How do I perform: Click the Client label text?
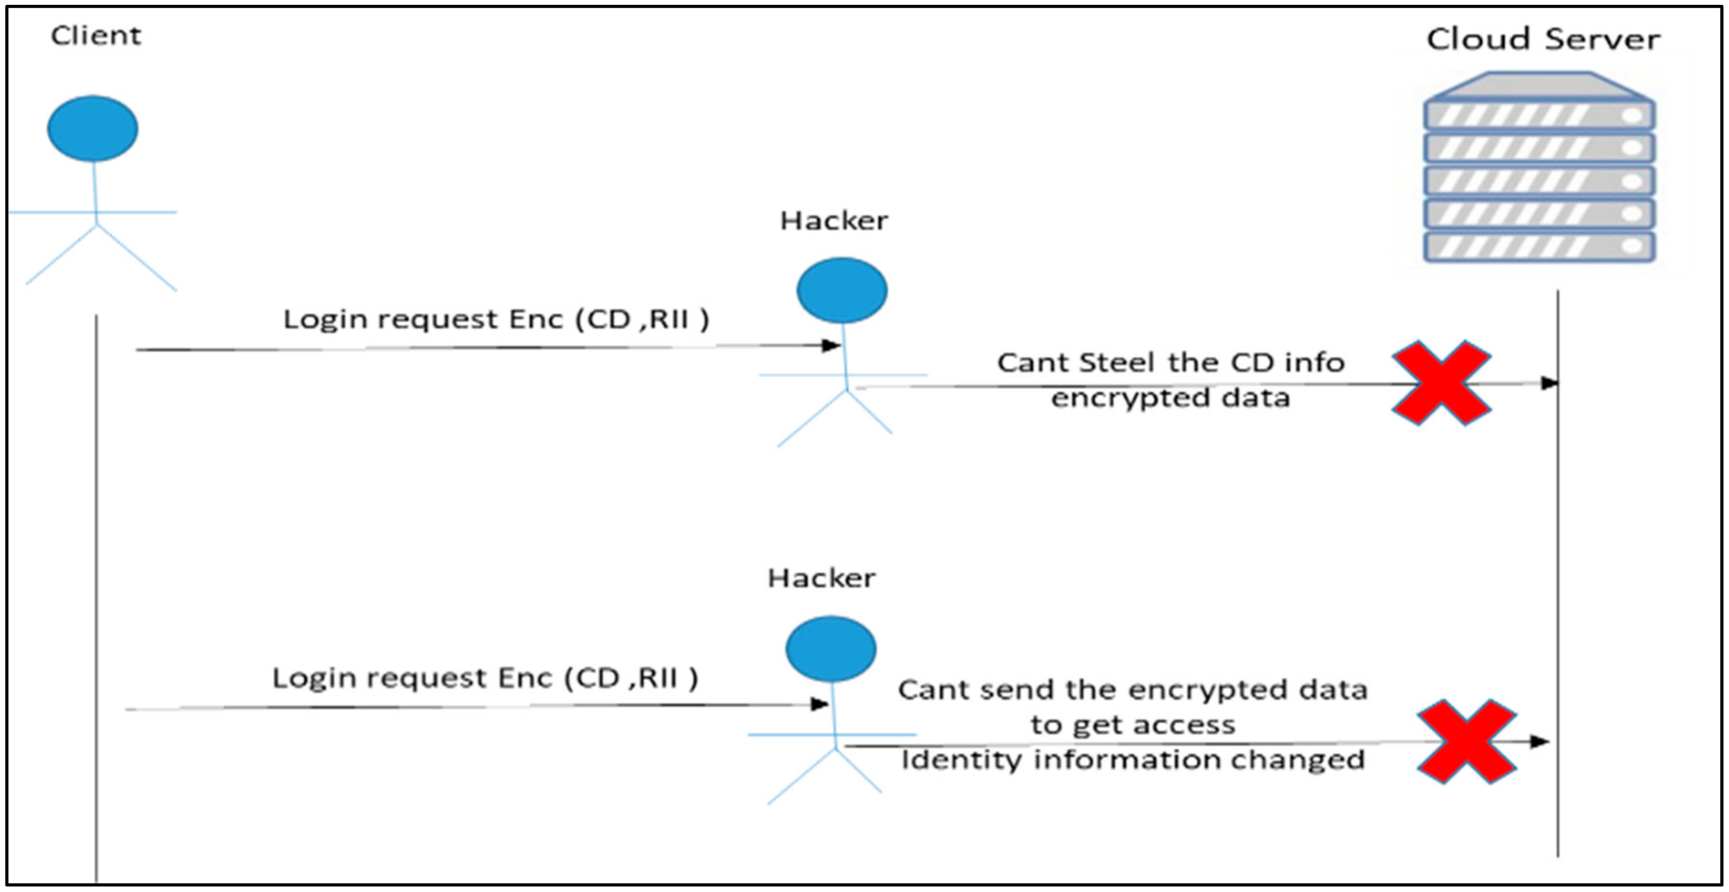[96, 36]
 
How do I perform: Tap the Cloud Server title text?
[1543, 39]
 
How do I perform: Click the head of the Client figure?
[93, 128]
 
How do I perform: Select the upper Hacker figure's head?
[842, 290]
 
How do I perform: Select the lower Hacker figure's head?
[830, 649]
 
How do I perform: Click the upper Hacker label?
[834, 221]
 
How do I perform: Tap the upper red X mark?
[1440, 383]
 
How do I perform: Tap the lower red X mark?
[1466, 742]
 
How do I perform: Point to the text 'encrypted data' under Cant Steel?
[1170, 398]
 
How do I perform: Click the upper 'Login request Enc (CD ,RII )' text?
[496, 320]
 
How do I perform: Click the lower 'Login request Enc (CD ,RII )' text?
[485, 678]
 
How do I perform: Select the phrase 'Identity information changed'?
[1133, 760]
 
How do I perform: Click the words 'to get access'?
[1133, 725]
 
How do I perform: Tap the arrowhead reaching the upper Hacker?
[832, 345]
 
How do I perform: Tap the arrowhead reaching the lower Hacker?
[820, 704]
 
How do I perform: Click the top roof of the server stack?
[1538, 85]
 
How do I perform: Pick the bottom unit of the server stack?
[1538, 246]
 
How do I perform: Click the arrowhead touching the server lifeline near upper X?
[1549, 383]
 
